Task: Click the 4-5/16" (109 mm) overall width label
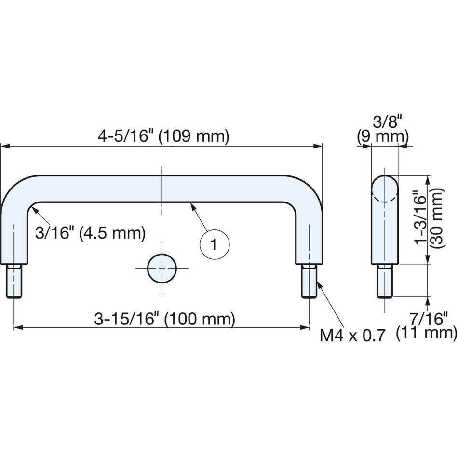click(x=163, y=136)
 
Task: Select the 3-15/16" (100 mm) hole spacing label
click(x=164, y=319)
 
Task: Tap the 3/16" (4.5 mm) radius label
click(x=90, y=233)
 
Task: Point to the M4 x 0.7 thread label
click(x=352, y=336)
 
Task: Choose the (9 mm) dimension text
click(x=383, y=136)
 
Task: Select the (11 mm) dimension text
click(x=427, y=333)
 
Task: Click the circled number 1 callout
click(x=215, y=244)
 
